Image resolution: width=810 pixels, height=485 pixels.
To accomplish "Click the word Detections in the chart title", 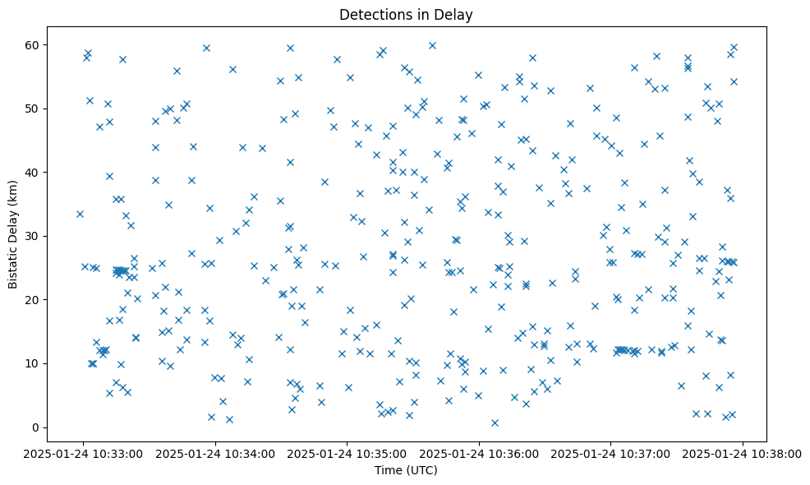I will (x=370, y=15).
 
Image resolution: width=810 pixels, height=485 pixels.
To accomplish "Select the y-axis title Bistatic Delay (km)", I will (x=13, y=234).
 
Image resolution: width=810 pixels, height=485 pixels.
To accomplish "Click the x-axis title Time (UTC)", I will (x=407, y=471).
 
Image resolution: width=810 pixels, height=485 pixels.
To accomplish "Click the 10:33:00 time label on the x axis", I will (x=84, y=453).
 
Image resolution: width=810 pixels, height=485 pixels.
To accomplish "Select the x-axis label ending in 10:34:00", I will (x=216, y=453).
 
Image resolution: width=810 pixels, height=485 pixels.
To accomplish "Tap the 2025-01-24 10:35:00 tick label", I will (x=347, y=453).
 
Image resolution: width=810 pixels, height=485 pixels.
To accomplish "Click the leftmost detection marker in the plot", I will (x=80, y=214).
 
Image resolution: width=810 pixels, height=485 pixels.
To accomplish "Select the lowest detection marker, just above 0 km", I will (x=495, y=423).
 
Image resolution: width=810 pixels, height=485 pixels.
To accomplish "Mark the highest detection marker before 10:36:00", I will (x=432, y=45).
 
